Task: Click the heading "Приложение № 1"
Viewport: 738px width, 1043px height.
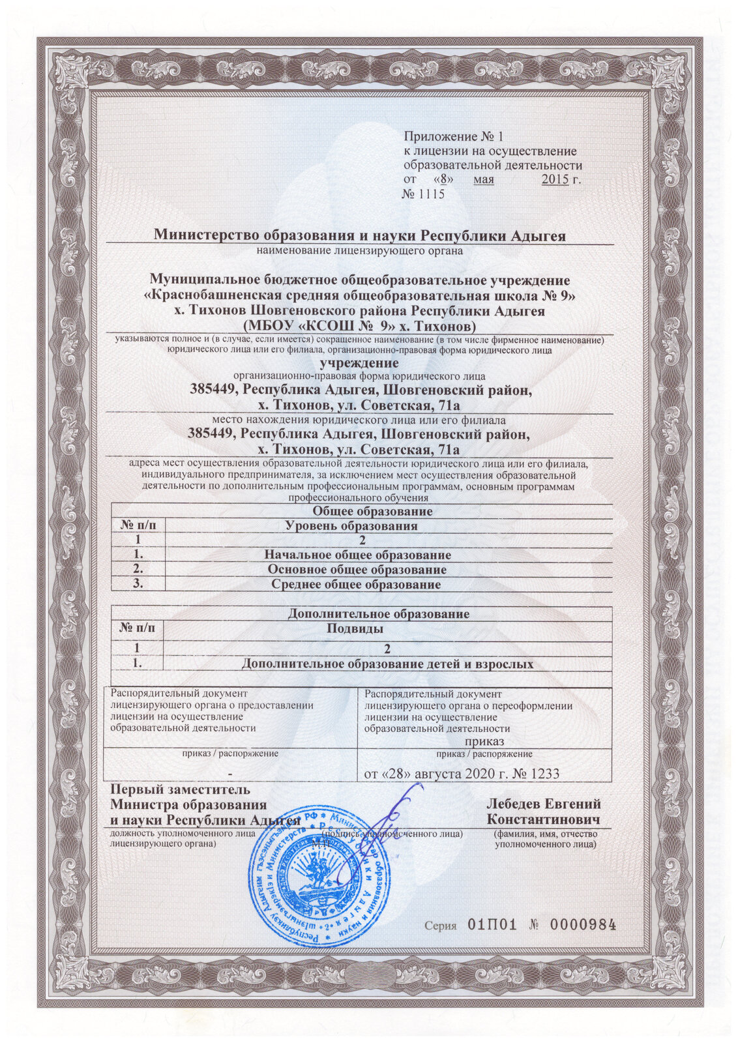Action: (x=454, y=137)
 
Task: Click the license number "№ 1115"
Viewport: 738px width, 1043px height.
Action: (x=423, y=194)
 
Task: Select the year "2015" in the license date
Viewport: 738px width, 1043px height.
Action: (x=555, y=179)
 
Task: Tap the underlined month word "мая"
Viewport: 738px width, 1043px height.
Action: (x=484, y=179)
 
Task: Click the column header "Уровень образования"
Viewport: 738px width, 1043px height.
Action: (x=352, y=526)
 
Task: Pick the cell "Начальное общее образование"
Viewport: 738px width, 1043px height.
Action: (x=357, y=555)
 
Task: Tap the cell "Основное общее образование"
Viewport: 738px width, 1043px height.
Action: (x=357, y=570)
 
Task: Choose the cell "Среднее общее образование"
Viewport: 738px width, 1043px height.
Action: (x=356, y=585)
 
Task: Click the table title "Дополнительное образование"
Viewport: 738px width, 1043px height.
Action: (x=378, y=614)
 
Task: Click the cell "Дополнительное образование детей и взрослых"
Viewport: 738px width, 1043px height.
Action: (x=387, y=664)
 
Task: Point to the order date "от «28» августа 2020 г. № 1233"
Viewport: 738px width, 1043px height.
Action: (x=461, y=773)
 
